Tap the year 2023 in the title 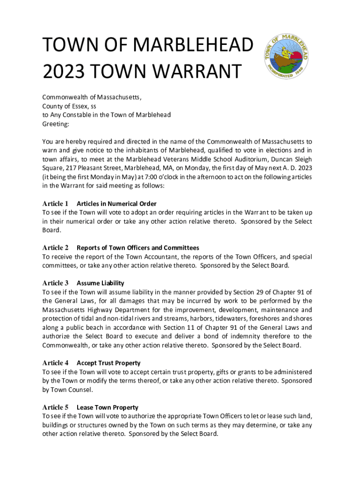[x=62, y=72]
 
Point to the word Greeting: [x=56, y=124]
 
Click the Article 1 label [x=55, y=203]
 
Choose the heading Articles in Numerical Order [x=116, y=203]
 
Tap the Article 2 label [x=55, y=247]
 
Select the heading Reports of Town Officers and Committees [x=138, y=248]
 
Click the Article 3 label [x=55, y=283]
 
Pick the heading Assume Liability [x=101, y=283]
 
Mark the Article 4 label [x=55, y=363]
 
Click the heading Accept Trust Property [x=108, y=363]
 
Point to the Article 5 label [x=55, y=407]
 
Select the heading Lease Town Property [x=108, y=407]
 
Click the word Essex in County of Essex [x=79, y=106]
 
